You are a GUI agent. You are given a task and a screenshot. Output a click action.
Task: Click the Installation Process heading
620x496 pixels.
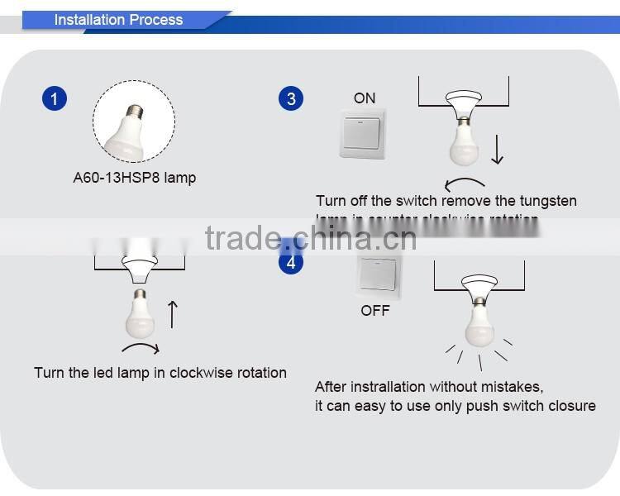tap(118, 20)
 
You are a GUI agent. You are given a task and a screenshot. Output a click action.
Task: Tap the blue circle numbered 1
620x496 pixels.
tap(54, 99)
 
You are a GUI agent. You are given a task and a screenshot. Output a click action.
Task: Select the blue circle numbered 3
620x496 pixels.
tap(291, 99)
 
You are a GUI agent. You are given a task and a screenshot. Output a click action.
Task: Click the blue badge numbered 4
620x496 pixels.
tap(291, 264)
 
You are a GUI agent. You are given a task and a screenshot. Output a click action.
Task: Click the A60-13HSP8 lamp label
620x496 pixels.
tap(133, 178)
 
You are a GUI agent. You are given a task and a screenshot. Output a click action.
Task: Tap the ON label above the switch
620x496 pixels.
tap(365, 98)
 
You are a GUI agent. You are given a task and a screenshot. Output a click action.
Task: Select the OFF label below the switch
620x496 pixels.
tap(374, 311)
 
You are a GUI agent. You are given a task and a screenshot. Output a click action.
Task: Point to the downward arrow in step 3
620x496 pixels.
tap(497, 149)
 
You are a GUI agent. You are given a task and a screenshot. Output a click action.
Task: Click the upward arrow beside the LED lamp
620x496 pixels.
tap(172, 314)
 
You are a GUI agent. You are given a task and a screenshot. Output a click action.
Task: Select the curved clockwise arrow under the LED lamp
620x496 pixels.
tap(141, 348)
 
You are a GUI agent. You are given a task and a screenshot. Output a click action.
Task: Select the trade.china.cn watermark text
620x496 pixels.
tap(310, 239)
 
